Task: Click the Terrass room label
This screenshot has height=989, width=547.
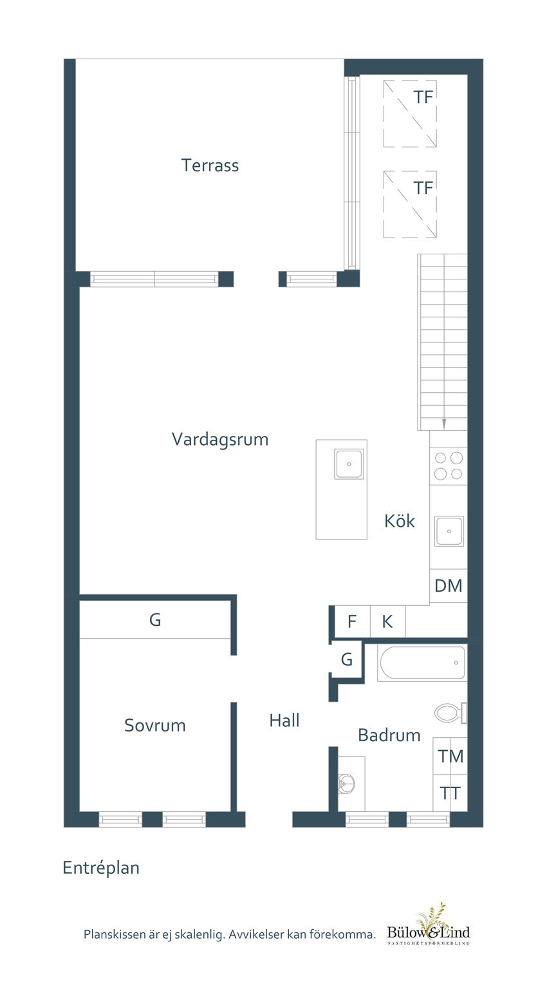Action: pyautogui.click(x=210, y=165)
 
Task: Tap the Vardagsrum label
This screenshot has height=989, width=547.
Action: pyautogui.click(x=219, y=440)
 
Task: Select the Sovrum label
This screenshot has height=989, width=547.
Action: pyautogui.click(x=154, y=726)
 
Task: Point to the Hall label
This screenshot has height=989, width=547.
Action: pyautogui.click(x=284, y=721)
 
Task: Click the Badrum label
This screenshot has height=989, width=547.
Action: pyautogui.click(x=389, y=735)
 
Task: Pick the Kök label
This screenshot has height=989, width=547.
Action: pyautogui.click(x=400, y=521)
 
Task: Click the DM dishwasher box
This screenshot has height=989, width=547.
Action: pyautogui.click(x=449, y=586)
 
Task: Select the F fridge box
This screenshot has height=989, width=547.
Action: pyautogui.click(x=352, y=622)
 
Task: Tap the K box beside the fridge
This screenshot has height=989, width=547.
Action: pyautogui.click(x=387, y=622)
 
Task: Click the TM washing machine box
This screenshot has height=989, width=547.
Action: pyautogui.click(x=450, y=757)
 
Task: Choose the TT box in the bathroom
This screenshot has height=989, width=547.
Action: pyautogui.click(x=450, y=793)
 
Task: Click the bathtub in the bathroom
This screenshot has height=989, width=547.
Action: pyautogui.click(x=422, y=663)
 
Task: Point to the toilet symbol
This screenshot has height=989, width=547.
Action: pyautogui.click(x=450, y=713)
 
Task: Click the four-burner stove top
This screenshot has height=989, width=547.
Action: pyautogui.click(x=449, y=466)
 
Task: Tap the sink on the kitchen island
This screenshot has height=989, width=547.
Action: pyautogui.click(x=349, y=464)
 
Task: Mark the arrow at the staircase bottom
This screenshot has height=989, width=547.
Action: pyautogui.click(x=444, y=423)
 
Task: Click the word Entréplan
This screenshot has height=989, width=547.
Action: pyautogui.click(x=101, y=868)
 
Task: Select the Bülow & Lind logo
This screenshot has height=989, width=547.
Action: pyautogui.click(x=429, y=927)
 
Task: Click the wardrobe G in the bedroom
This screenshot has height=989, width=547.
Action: pyautogui.click(x=155, y=620)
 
